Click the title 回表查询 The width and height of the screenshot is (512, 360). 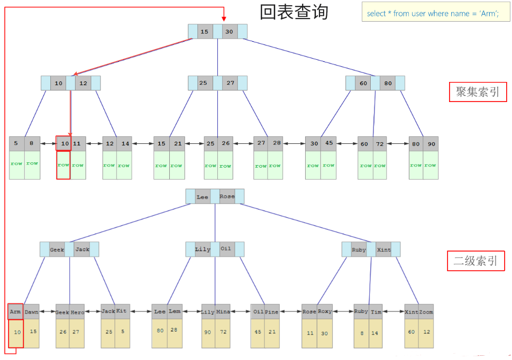point(294,12)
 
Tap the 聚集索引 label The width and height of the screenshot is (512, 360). point(477,92)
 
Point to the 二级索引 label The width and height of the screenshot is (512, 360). point(475,261)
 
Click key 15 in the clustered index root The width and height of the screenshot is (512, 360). point(205,32)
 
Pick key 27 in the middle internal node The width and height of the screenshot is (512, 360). point(230,83)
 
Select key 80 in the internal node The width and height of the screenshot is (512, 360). point(388,83)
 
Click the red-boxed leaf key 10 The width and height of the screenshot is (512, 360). point(63,143)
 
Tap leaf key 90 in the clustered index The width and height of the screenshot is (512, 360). point(431,144)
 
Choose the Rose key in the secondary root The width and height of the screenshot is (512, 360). point(227,197)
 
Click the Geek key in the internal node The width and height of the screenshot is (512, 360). point(57,250)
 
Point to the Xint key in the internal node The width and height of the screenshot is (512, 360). point(384,250)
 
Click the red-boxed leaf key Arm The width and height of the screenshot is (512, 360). point(16,311)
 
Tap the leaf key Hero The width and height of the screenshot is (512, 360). point(77,312)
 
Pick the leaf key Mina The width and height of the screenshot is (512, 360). point(223,312)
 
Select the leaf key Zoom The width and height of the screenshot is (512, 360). point(426,312)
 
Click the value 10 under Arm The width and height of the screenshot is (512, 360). point(17,333)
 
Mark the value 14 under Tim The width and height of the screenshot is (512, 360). point(374,333)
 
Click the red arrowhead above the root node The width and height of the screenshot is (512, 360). point(224,18)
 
